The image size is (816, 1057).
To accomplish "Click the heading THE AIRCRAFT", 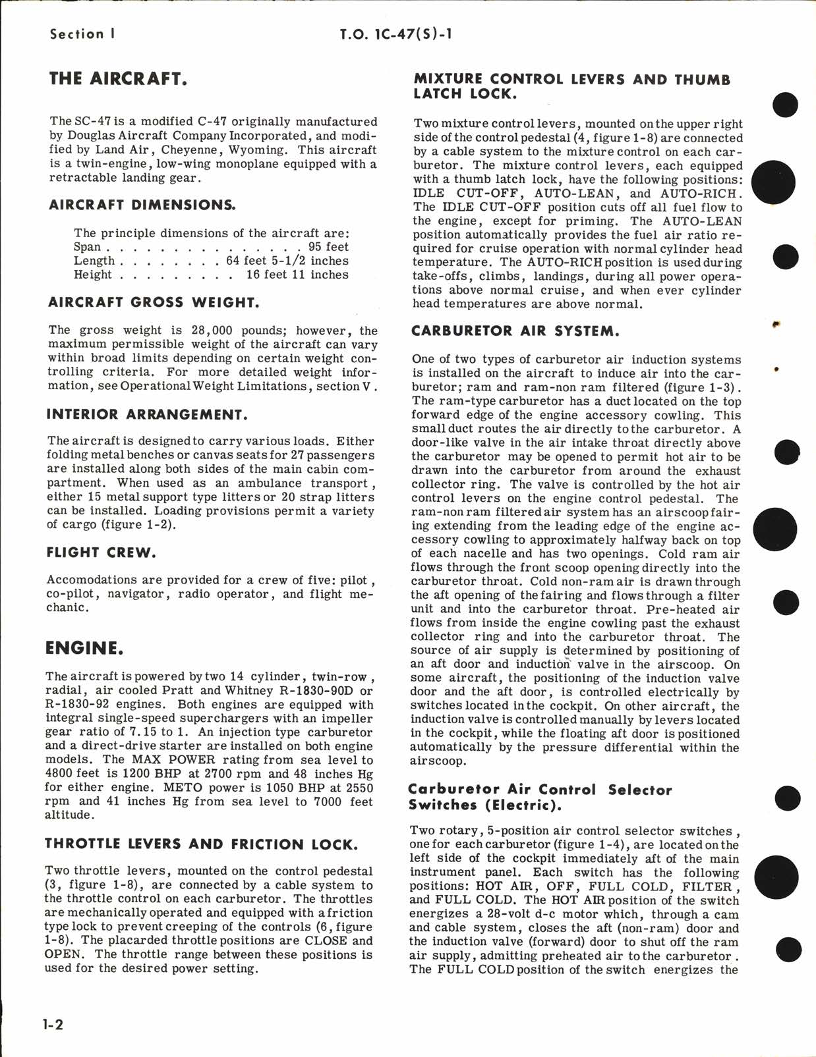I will coord(118,79).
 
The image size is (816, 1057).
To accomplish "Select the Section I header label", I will coord(82,34).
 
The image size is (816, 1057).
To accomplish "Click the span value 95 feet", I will coord(328,247).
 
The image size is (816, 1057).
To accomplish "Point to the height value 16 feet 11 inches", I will coord(297,275).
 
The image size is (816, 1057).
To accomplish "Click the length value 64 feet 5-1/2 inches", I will coord(287,261).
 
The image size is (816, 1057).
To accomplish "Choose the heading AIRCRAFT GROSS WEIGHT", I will coord(154,303).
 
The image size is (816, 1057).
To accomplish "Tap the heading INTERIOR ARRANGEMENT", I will coord(147,414).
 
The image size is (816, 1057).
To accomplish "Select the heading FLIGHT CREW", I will coord(101,553).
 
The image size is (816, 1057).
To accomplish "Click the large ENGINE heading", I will coord(84,648).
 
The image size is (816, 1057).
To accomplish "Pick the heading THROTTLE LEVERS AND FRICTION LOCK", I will coord(201,844).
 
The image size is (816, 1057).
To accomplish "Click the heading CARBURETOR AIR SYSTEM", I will coord(515,331).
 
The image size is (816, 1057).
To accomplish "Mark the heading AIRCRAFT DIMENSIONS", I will coord(142,205).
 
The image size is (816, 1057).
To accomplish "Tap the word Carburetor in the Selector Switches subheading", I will coord(454,790).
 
